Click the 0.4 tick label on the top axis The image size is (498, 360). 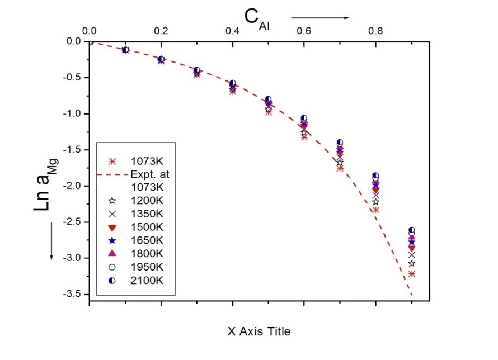(233, 31)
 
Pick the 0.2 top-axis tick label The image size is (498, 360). (161, 31)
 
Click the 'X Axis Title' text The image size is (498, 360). (259, 331)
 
